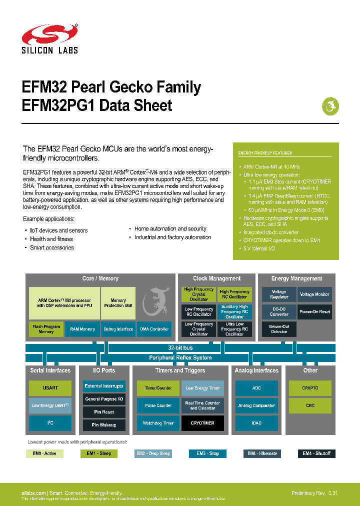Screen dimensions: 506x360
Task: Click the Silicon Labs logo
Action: pos(49,39)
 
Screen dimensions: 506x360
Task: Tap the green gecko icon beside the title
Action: pos(330,106)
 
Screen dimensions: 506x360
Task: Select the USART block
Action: pos(50,388)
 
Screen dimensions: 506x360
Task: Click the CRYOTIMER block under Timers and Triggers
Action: pos(202,423)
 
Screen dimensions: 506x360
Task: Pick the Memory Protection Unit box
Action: pos(118,303)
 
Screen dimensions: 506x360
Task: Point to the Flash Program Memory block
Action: pos(46,329)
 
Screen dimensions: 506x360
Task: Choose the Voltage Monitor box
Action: pos(314,294)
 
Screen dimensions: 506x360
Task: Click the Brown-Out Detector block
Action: pos(279,329)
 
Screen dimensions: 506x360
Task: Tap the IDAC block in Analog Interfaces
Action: pos(256,423)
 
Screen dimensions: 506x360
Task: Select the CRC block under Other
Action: pos(310,405)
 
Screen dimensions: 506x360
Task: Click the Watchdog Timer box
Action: pos(158,423)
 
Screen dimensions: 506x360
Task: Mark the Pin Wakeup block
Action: pos(104,425)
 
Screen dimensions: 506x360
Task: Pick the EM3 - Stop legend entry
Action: pos(207,453)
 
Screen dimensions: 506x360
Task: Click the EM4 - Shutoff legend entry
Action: pos(316,453)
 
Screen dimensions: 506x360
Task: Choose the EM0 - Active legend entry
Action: pos(44,453)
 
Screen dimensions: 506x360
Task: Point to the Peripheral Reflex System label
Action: pos(180,357)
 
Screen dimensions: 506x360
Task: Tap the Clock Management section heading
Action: pos(216,278)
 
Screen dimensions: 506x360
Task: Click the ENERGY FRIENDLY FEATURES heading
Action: pos(265,153)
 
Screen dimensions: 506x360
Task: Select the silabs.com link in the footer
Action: pos(34,493)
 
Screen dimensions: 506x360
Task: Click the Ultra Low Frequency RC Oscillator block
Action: pos(234,329)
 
